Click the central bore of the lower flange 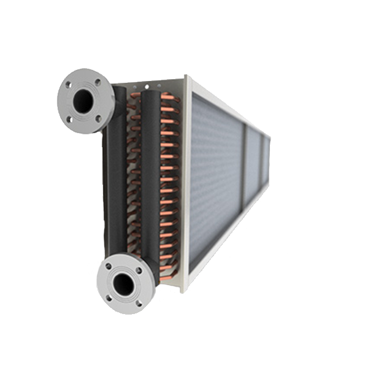(124, 284)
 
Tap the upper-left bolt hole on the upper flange (69, 85)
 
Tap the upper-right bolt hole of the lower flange (138, 269)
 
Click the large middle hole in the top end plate (147, 84)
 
